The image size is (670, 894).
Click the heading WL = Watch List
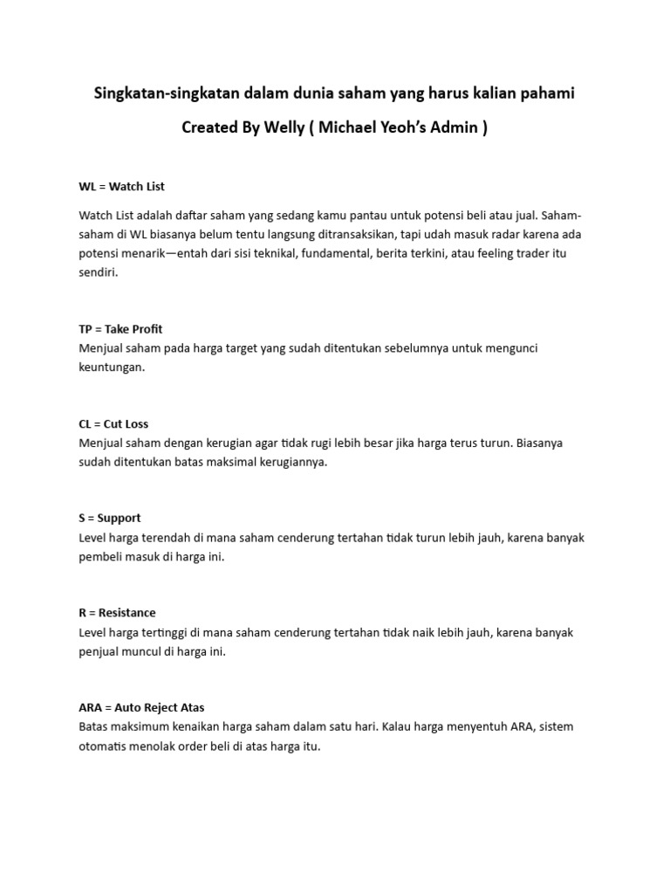121,186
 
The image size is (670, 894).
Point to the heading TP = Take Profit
120,329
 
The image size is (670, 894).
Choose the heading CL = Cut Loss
113,424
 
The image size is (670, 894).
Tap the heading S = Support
109,518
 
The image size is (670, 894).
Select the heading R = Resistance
117,613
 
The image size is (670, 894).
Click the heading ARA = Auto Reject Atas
141,707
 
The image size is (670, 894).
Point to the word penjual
99,651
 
